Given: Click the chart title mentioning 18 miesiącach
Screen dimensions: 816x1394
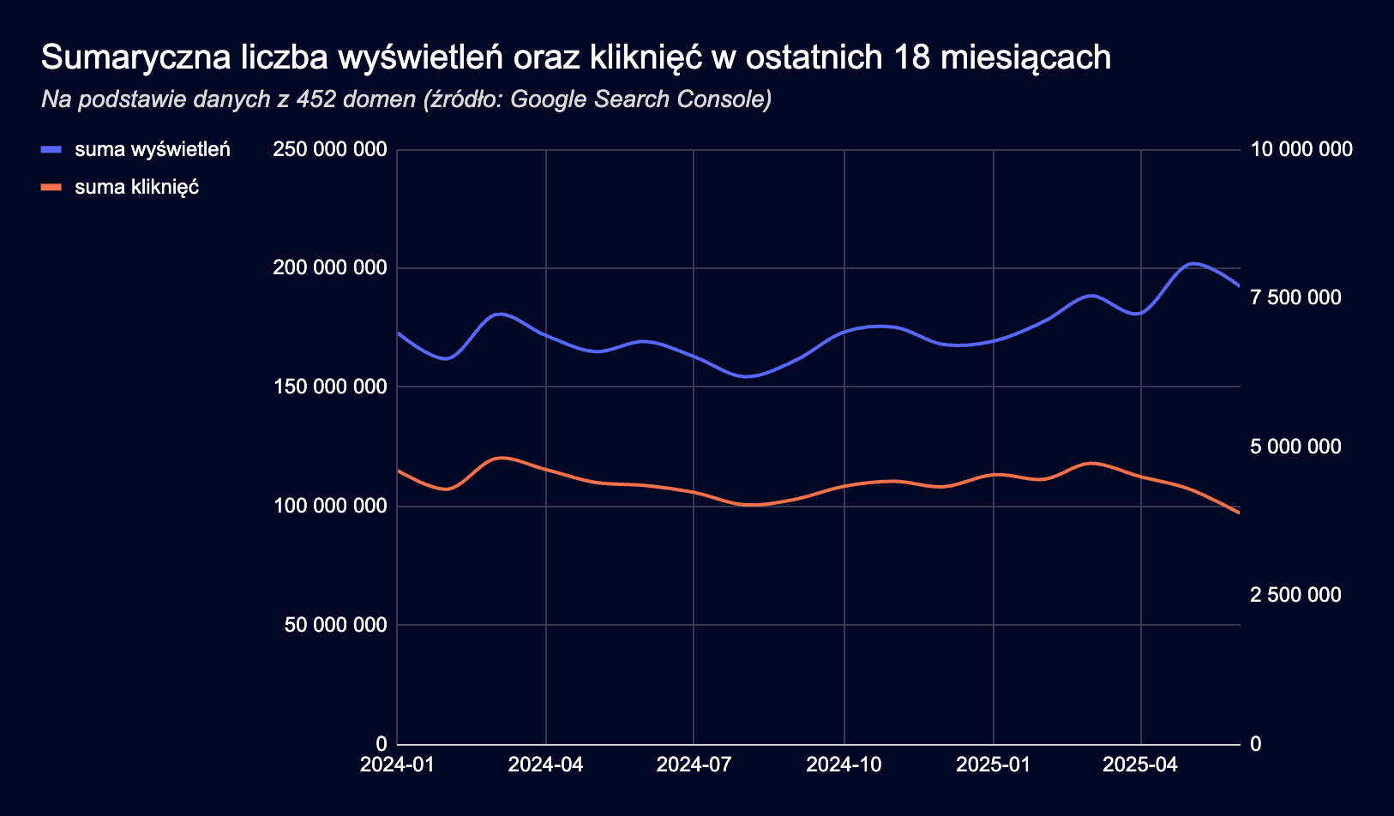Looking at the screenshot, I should pos(575,58).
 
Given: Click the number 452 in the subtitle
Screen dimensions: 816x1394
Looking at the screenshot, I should pos(314,99).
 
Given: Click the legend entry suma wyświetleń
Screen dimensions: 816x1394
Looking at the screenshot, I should pos(152,150).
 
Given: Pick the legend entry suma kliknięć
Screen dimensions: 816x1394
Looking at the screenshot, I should pos(136,187).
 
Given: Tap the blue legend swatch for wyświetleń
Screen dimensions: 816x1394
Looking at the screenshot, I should pos(51,150).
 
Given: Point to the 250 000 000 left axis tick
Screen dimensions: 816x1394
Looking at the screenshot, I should pos(330,150).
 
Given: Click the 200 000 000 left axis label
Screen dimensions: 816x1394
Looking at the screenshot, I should pos(330,268).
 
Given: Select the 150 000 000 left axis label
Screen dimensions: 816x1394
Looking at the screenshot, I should pos(330,387).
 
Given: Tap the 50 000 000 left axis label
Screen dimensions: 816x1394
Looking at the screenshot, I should pos(336,625).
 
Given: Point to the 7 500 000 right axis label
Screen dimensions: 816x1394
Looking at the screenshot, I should pos(1295,297).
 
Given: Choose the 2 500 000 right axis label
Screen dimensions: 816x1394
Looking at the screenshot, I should pos(1295,595).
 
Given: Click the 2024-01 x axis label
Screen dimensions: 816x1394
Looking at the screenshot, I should pos(397,765).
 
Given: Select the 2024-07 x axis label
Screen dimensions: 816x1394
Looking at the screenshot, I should pos(694,765).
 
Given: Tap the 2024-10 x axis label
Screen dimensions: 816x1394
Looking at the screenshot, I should pos(844,765).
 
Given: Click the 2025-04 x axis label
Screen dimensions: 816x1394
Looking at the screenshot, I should pos(1140,765).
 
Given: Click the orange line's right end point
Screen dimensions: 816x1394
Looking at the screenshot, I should pos(1239,513).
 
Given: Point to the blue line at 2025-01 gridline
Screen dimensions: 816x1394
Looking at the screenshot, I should pos(994,341).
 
